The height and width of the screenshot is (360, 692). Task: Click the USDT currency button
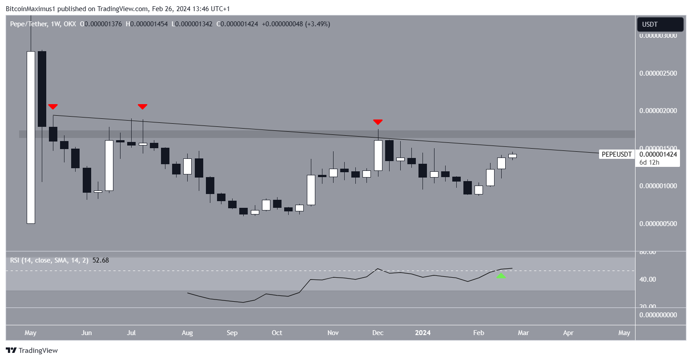pyautogui.click(x=660, y=24)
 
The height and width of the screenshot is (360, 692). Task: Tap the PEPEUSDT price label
pyautogui.click(x=616, y=154)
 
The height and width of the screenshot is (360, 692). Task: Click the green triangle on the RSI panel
pyautogui.click(x=501, y=276)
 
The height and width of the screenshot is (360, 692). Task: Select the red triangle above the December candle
pyautogui.click(x=378, y=121)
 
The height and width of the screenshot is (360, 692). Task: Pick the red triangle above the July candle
pyautogui.click(x=142, y=106)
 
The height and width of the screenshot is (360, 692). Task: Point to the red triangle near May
pyautogui.click(x=53, y=106)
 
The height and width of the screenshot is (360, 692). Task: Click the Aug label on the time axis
pyautogui.click(x=187, y=333)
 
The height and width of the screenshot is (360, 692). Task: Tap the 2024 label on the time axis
pyautogui.click(x=422, y=333)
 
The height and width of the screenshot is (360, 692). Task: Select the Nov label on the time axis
pyautogui.click(x=333, y=333)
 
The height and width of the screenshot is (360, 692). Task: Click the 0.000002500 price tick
pyautogui.click(x=658, y=73)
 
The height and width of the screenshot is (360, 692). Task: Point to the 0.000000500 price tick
pyautogui.click(x=658, y=223)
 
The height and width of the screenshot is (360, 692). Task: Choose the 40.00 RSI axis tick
pyautogui.click(x=648, y=279)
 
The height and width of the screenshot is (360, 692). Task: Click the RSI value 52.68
pyautogui.click(x=101, y=260)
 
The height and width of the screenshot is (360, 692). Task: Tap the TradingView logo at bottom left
pyautogui.click(x=32, y=351)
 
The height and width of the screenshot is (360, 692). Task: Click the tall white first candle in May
pyautogui.click(x=31, y=137)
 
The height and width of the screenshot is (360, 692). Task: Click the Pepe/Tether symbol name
pyautogui.click(x=29, y=24)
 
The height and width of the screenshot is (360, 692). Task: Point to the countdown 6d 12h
pyautogui.click(x=649, y=162)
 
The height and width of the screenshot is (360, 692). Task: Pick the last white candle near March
pyautogui.click(x=512, y=156)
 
